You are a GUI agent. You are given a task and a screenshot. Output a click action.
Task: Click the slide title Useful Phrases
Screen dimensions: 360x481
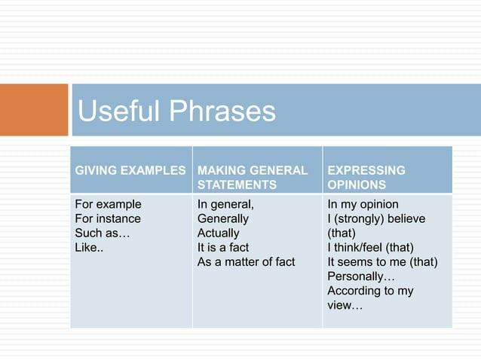176,111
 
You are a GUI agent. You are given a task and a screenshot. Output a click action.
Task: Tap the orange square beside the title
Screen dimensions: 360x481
34,110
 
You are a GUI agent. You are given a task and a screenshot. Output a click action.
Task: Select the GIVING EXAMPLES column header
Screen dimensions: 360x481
130,170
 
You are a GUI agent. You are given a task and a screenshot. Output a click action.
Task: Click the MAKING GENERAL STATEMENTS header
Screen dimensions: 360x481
252,177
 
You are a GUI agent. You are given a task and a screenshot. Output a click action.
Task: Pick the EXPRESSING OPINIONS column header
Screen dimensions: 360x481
366,177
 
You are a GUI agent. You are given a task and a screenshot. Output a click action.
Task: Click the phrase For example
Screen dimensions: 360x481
108,204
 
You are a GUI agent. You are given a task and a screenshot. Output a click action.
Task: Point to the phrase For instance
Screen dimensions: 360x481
108,218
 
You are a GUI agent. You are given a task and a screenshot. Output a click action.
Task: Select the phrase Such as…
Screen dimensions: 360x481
103,233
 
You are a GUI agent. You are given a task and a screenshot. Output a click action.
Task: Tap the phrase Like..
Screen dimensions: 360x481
89,247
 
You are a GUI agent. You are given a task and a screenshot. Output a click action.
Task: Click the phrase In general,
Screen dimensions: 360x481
225,204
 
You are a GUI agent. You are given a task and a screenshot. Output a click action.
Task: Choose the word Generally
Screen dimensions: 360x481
222,218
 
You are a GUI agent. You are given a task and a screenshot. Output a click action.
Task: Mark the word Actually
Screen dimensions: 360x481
218,233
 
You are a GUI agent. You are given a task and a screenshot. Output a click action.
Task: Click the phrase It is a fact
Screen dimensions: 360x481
222,247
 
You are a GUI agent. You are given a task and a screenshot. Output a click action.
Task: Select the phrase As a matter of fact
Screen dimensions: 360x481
246,261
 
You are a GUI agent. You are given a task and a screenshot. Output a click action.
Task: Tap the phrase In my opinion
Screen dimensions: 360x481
363,204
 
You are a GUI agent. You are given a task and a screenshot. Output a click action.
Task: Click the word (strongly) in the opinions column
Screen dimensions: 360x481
363,218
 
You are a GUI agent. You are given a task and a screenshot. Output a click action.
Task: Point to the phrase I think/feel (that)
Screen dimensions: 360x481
370,247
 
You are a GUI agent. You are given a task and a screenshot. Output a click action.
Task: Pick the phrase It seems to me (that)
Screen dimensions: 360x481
382,261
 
